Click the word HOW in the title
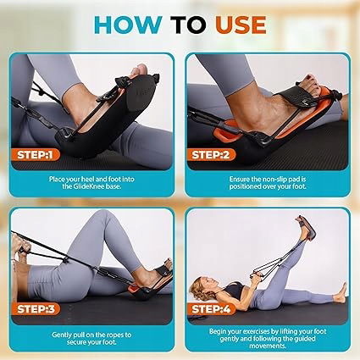(x=128, y=25)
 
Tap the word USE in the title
(x=241, y=25)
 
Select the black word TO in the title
(x=188, y=25)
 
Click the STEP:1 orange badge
(x=35, y=155)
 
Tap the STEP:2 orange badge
(x=211, y=155)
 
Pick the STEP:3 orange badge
(x=36, y=309)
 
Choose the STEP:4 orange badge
(x=211, y=309)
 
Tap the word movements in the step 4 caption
(x=268, y=346)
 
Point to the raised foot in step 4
(x=306, y=228)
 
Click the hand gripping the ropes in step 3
(x=18, y=245)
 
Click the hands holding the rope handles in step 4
(x=256, y=276)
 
